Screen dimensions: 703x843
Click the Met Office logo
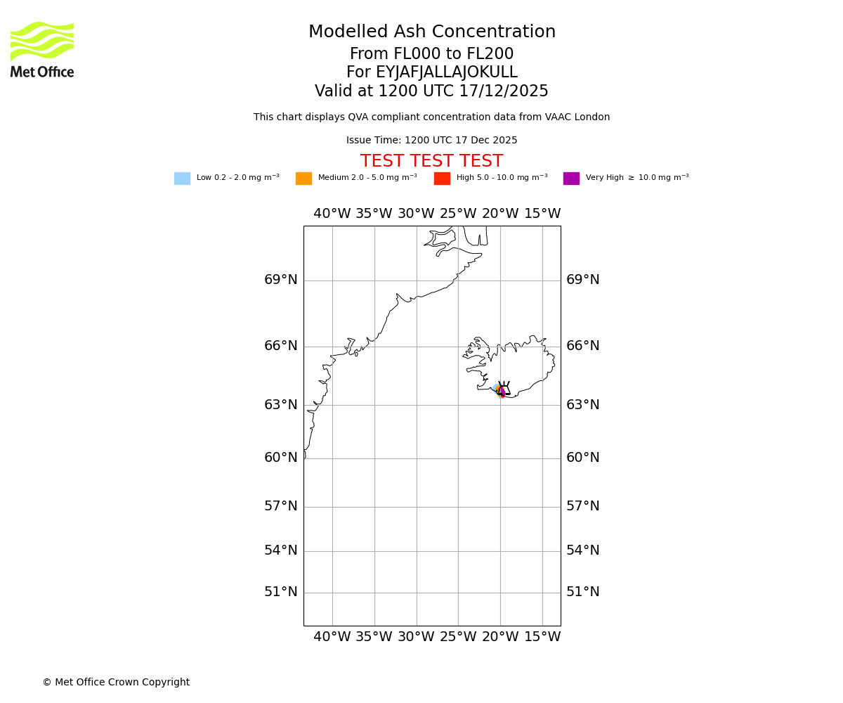click(42, 49)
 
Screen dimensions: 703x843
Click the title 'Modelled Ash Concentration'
click(432, 32)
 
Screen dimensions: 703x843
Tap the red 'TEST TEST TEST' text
click(432, 162)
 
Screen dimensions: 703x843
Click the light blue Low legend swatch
click(182, 179)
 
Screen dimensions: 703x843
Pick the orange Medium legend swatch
click(303, 179)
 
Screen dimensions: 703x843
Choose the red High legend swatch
click(442, 179)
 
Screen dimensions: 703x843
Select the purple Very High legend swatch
click(571, 179)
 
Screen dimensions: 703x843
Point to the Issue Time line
click(432, 141)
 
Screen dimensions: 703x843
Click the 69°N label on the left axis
click(281, 280)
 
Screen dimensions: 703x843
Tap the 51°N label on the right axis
click(583, 592)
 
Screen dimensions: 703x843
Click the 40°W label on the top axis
click(332, 214)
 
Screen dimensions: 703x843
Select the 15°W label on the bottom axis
click(542, 637)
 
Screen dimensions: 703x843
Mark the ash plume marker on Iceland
click(502, 390)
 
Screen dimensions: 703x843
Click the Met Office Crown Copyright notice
click(116, 683)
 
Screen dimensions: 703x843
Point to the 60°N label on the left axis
click(281, 458)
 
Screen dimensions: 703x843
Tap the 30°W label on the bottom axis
click(416, 637)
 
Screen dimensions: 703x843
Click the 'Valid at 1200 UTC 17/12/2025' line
click(432, 91)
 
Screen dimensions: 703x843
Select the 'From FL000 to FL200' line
click(432, 54)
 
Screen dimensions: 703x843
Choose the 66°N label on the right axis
click(583, 346)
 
